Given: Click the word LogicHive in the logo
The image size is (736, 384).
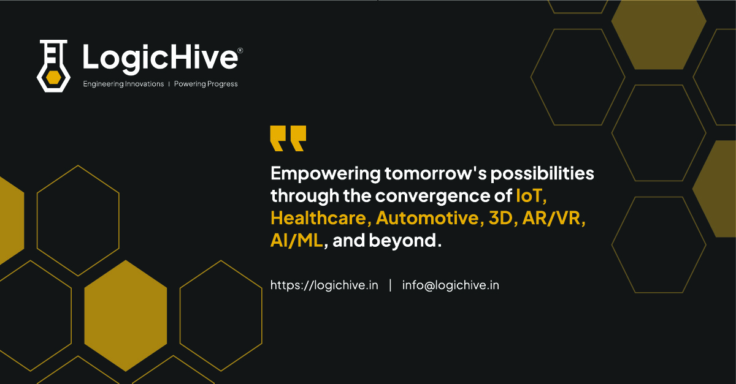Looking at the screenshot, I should pyautogui.click(x=159, y=58).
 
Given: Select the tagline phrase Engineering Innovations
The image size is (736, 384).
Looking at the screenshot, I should pyautogui.click(x=123, y=84).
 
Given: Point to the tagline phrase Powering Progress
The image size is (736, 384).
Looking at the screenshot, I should pyautogui.click(x=205, y=84).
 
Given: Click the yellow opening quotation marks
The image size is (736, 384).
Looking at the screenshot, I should pyautogui.click(x=288, y=138).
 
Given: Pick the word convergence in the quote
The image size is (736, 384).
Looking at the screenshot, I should pyautogui.click(x=442, y=196).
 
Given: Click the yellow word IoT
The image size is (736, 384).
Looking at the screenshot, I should pyautogui.click(x=531, y=196).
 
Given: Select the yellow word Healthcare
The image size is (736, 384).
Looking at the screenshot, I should pyautogui.click(x=320, y=218).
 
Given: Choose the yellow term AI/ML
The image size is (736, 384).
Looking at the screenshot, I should pyautogui.click(x=296, y=241).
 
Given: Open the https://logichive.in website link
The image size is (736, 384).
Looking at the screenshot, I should pyautogui.click(x=324, y=285).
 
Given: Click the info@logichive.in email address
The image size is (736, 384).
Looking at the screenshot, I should pyautogui.click(x=450, y=285).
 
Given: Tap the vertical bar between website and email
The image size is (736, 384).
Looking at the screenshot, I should pyautogui.click(x=390, y=285).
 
